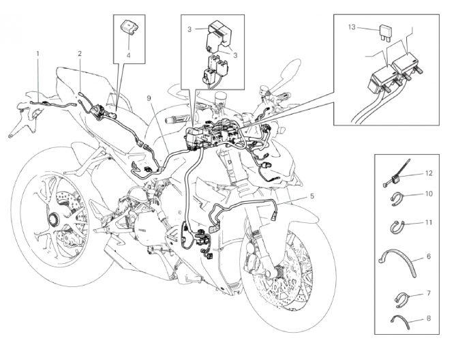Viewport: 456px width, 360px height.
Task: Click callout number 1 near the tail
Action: (38, 52)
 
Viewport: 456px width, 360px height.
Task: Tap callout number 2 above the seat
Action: (80, 52)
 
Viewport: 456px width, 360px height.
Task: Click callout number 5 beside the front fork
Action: (311, 196)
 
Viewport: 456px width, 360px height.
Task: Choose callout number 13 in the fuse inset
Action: (352, 28)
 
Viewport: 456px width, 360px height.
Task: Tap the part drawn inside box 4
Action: (129, 27)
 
